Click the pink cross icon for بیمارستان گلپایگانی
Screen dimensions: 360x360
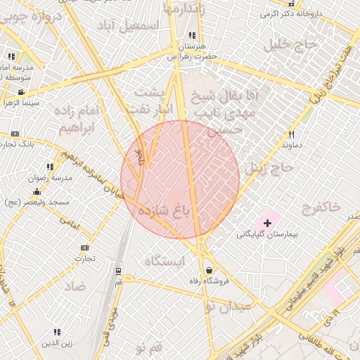point(267,222)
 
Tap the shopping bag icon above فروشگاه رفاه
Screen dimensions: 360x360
point(209,270)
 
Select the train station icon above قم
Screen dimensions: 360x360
point(117,271)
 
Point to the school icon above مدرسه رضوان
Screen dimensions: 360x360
point(50,167)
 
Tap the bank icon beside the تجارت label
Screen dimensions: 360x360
point(85,247)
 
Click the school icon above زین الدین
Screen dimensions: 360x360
point(57,332)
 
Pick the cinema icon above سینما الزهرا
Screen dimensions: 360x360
point(21,92)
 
